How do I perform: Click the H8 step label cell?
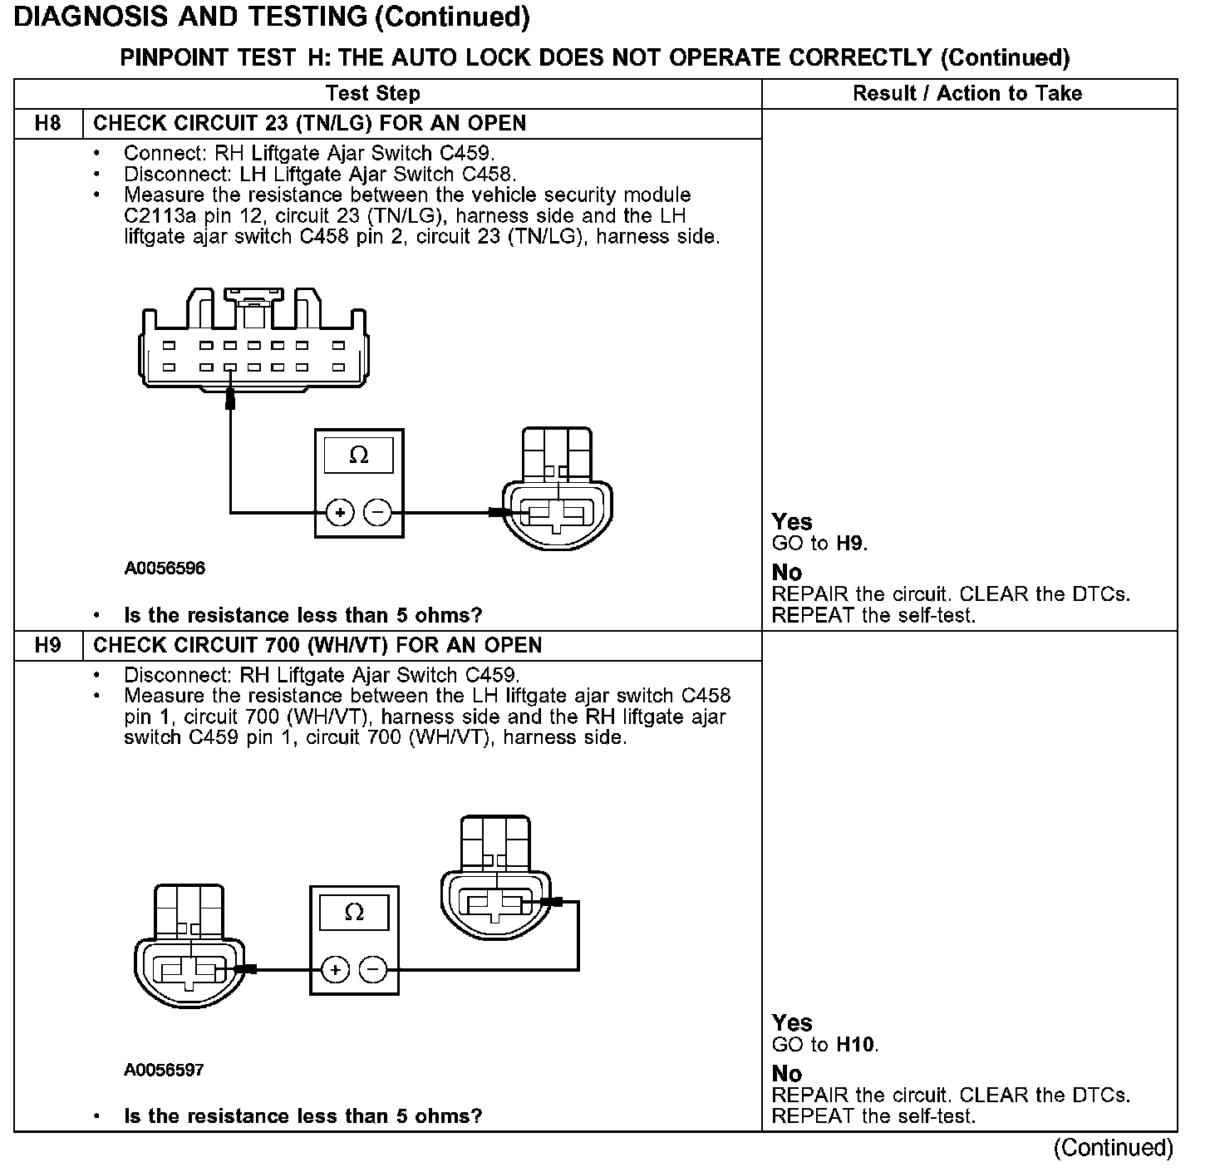[x=48, y=124]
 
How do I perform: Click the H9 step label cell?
[x=48, y=646]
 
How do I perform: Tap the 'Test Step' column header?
[x=372, y=94]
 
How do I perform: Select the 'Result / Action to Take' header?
[x=967, y=94]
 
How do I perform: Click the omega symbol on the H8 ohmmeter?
[x=359, y=456]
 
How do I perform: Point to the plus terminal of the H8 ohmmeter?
[x=340, y=513]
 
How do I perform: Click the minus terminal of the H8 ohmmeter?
[x=378, y=513]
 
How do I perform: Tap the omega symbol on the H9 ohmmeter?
[x=354, y=913]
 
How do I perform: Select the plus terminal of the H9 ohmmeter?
[x=335, y=970]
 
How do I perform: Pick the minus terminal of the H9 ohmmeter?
[x=373, y=970]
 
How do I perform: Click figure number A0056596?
[x=165, y=569]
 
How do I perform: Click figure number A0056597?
[x=164, y=1070]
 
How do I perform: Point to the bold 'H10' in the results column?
[x=856, y=1045]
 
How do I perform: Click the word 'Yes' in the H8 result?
[x=791, y=522]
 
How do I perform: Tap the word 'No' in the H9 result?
[x=786, y=1074]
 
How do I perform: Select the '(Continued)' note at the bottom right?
[x=1113, y=1148]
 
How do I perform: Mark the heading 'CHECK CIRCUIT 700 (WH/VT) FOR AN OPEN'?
[x=317, y=646]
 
